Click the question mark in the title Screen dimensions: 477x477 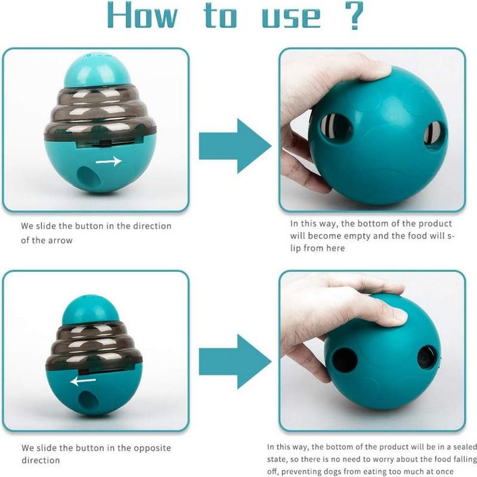[x=354, y=16]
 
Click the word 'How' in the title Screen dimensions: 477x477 [x=143, y=16]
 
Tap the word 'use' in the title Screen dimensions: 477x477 [x=292, y=18]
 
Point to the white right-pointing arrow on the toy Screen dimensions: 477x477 [x=109, y=161]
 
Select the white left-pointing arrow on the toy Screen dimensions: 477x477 [x=83, y=380]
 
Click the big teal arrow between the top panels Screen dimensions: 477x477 [x=235, y=146]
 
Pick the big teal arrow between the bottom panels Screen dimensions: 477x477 [x=235, y=361]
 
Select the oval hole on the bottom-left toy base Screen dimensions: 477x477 [x=87, y=400]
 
